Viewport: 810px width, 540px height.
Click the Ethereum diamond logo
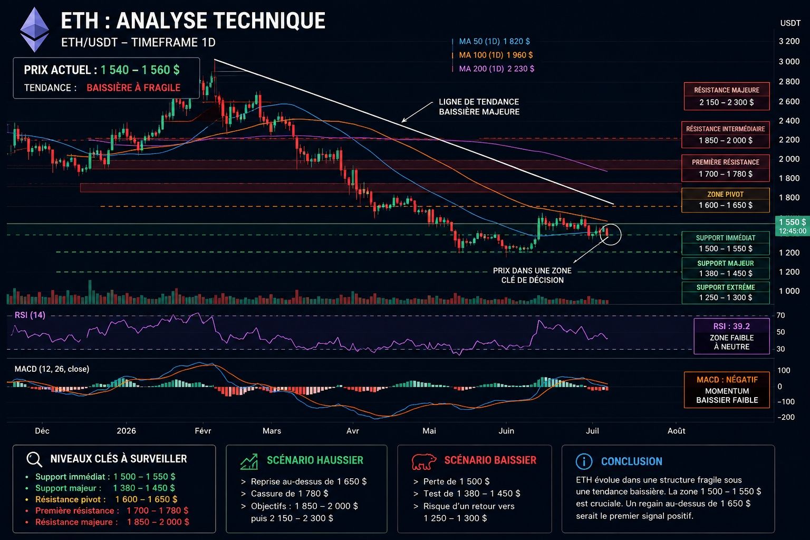[35, 30]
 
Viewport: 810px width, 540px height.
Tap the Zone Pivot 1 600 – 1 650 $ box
[726, 200]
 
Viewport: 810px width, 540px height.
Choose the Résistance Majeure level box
[727, 96]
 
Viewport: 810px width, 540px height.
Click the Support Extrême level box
[726, 293]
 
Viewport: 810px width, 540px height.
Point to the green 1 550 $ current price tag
[792, 226]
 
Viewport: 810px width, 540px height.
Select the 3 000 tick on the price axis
[789, 62]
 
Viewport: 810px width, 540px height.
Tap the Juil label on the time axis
[592, 431]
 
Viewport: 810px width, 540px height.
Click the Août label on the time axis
[676, 431]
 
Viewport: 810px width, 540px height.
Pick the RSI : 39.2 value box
[731, 336]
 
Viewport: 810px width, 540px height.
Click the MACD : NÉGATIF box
[727, 390]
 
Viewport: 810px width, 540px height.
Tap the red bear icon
[423, 461]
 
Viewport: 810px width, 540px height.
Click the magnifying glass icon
[34, 459]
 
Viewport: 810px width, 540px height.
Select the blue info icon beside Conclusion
[584, 461]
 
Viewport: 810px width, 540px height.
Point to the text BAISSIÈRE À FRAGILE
[133, 88]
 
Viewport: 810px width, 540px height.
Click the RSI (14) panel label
[30, 315]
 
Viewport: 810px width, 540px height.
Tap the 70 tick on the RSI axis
[780, 315]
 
